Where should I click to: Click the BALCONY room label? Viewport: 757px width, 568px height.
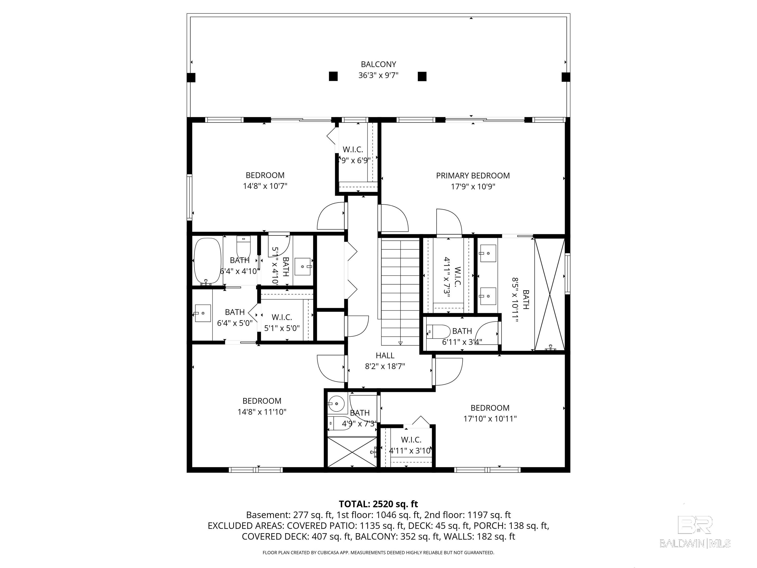pos(378,64)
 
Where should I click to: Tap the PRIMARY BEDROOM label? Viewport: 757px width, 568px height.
pos(473,176)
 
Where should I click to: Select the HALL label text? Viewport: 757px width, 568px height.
pos(385,355)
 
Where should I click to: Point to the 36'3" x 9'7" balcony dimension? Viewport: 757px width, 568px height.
pos(378,75)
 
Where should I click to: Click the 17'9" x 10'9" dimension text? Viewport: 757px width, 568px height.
pos(473,187)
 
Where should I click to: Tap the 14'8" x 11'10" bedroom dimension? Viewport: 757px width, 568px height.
pos(262,411)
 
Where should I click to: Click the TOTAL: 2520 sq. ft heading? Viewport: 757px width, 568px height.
pos(378,504)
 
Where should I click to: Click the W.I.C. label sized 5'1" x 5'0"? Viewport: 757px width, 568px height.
pos(282,317)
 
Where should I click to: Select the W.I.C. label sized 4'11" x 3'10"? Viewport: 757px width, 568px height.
pos(411,440)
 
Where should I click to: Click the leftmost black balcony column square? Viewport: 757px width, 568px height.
pos(191,77)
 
